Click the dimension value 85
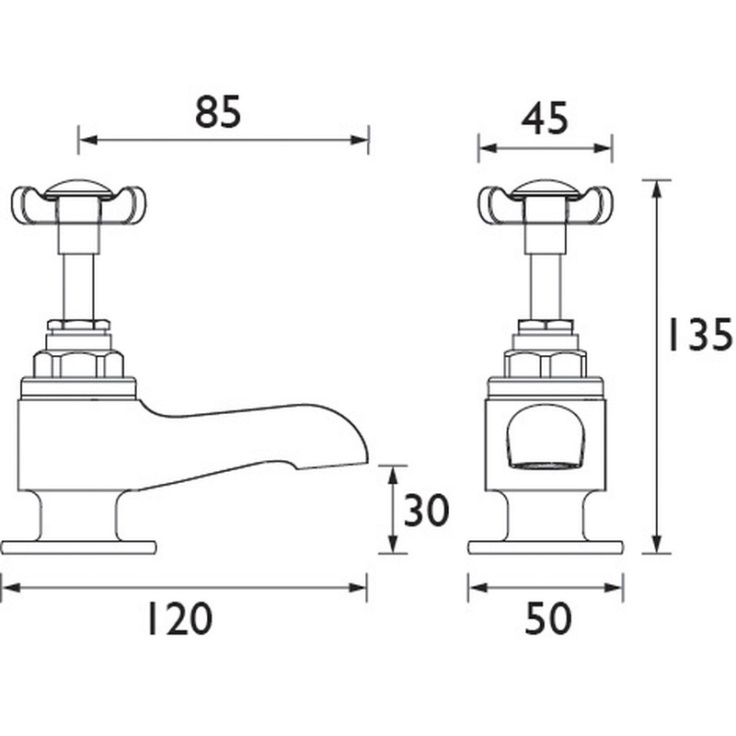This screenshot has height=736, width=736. (x=218, y=112)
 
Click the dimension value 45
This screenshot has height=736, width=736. (x=544, y=119)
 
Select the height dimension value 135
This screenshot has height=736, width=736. (x=699, y=336)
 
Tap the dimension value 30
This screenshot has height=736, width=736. (x=425, y=511)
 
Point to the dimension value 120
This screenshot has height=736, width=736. (x=179, y=619)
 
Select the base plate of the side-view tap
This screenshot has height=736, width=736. (x=78, y=547)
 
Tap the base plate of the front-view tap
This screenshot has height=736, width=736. (x=545, y=547)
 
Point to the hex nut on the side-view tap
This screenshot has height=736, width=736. (x=78, y=364)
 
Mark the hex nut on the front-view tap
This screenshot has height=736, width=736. (x=545, y=364)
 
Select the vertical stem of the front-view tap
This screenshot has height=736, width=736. (x=545, y=276)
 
